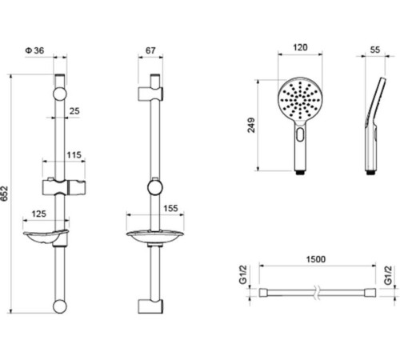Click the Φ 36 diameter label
coord(34,50)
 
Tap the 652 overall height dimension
coord(5,194)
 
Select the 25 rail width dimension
coord(74,111)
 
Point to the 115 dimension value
coord(74,155)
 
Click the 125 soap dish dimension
coord(39,214)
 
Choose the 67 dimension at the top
coord(150,50)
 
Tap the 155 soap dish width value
coord(170,208)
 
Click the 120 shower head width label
coord(300,47)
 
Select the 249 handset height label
coord(251,125)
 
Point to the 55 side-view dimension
coord(375,50)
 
